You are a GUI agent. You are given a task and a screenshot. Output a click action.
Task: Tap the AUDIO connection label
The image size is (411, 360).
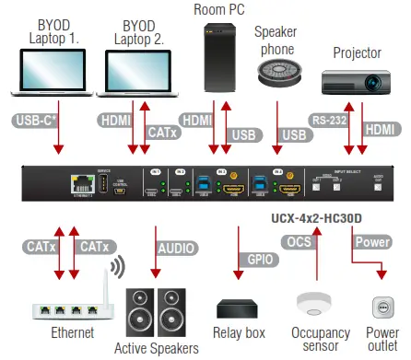point(176,248)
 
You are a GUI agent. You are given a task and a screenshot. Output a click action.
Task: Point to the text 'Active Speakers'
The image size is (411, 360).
point(157,347)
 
